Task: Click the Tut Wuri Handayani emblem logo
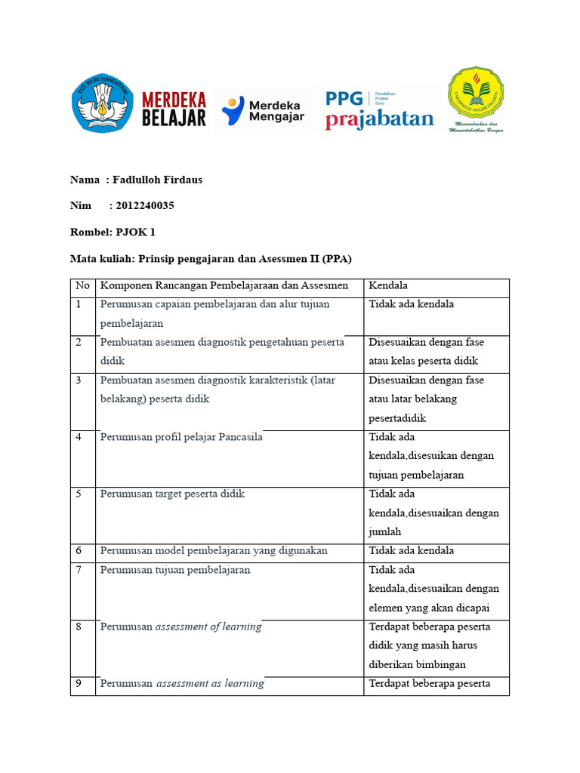click(103, 104)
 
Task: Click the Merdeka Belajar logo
click(174, 109)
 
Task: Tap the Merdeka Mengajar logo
click(261, 110)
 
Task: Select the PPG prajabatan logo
click(379, 110)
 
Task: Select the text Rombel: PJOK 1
click(113, 232)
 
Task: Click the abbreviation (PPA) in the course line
click(337, 258)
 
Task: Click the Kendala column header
click(388, 285)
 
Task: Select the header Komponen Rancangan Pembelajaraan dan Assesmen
click(224, 285)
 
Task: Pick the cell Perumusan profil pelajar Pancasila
click(181, 437)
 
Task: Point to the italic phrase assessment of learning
click(208, 627)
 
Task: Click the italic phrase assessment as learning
click(210, 683)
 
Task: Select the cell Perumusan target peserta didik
click(172, 494)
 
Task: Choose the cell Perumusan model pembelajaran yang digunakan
click(214, 550)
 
